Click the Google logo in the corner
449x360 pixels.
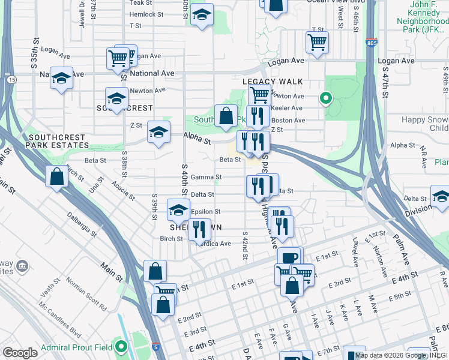tap(20, 352)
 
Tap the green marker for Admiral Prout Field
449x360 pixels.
tap(122, 347)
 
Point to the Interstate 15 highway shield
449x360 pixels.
tap(12, 79)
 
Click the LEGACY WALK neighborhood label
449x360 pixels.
tap(273, 82)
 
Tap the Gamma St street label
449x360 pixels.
tap(206, 177)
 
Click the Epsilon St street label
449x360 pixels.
tap(205, 212)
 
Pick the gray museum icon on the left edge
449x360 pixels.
tap(22, 266)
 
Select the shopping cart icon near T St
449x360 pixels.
tap(317, 41)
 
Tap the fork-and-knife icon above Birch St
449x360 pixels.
tap(199, 229)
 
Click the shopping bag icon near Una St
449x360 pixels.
tap(56, 177)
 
